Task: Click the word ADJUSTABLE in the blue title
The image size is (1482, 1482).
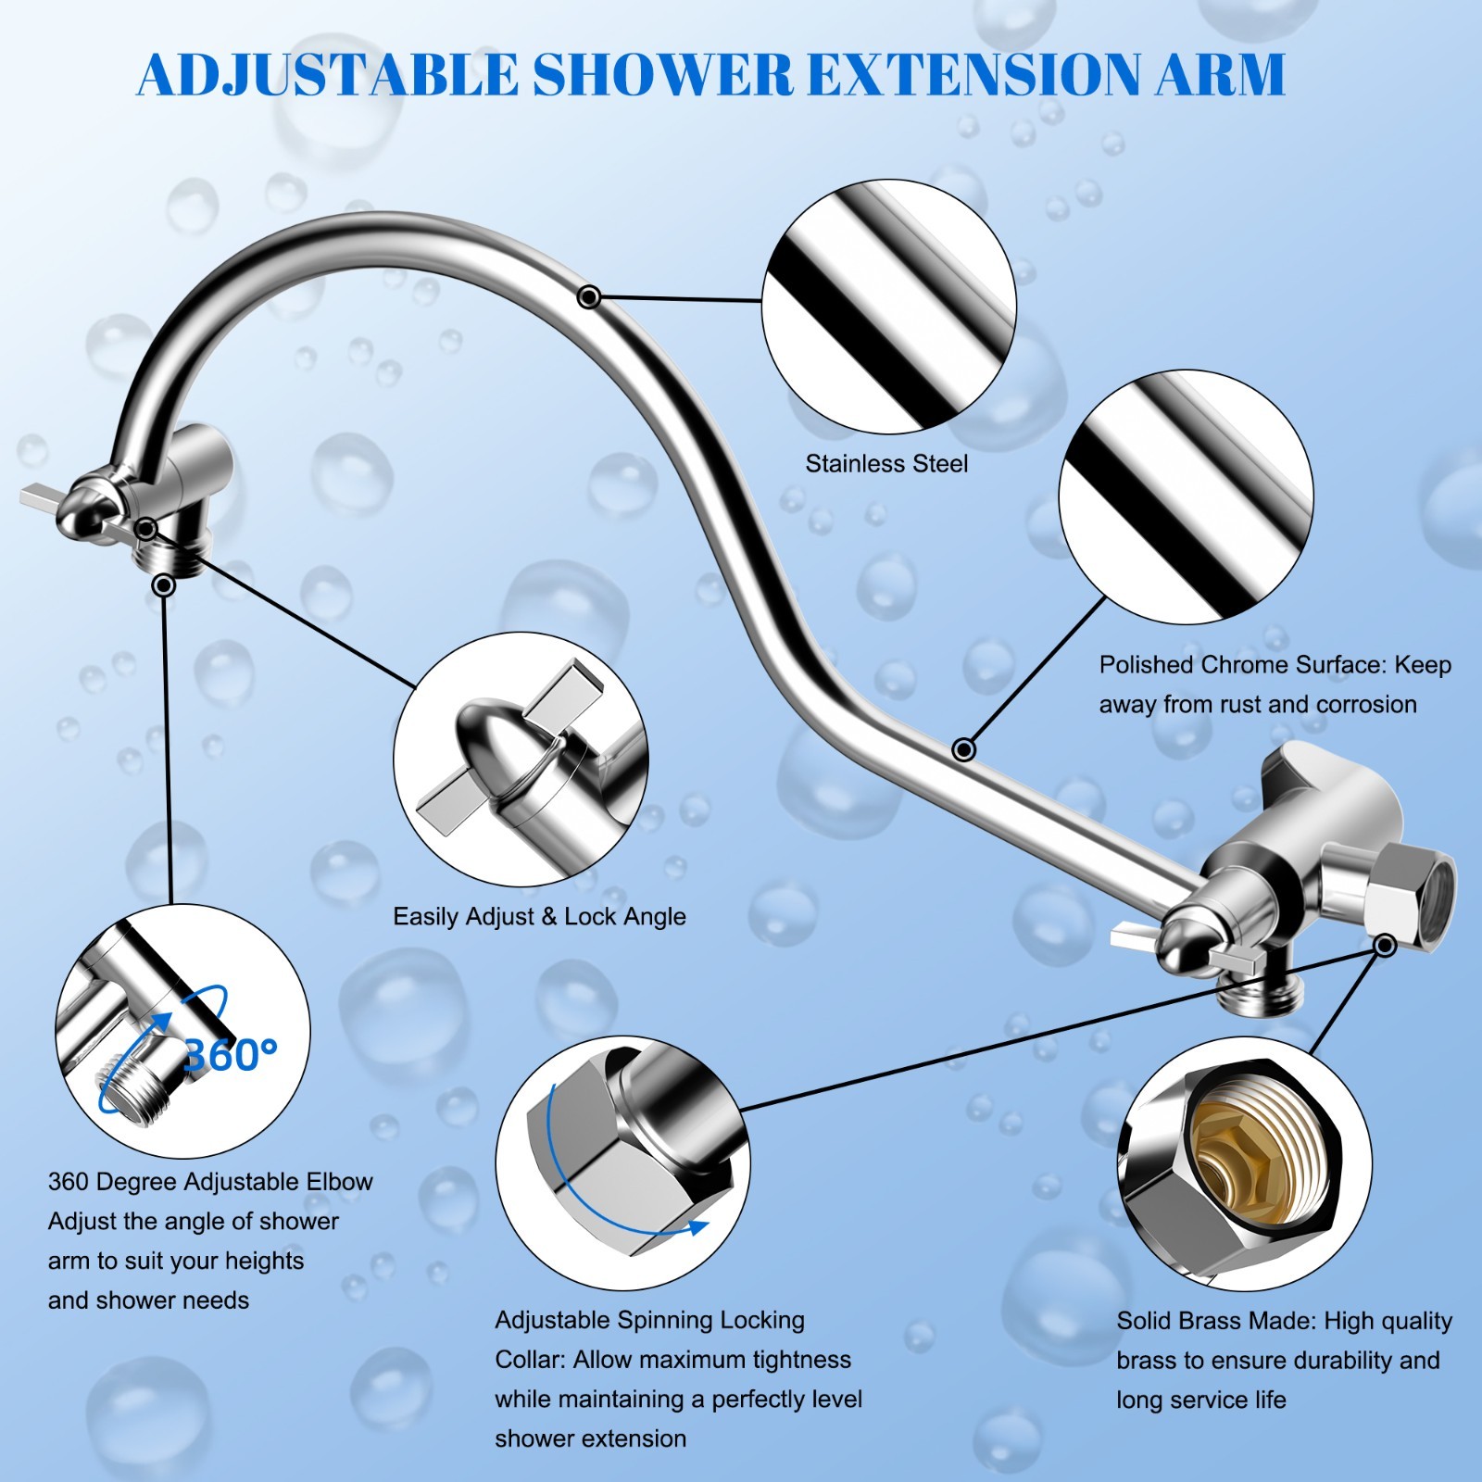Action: coord(328,74)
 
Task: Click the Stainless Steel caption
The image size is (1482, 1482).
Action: coord(886,463)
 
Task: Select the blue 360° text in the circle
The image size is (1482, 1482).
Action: coord(231,1054)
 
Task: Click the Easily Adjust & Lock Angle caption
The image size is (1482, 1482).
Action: coord(539,917)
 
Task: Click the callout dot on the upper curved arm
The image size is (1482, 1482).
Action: coord(589,297)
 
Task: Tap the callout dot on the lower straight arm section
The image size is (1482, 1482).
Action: coord(964,748)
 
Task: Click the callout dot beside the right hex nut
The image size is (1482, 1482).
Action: coord(1386,945)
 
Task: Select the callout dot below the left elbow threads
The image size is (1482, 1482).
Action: coord(164,585)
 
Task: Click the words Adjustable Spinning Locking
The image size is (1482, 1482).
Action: coord(649,1320)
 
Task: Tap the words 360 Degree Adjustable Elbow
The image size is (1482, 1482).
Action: coord(210,1182)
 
